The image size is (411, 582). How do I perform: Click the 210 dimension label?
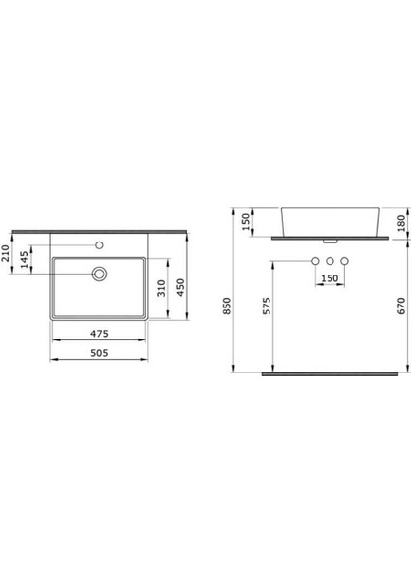tap(7, 255)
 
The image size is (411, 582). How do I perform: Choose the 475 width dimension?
tap(99, 334)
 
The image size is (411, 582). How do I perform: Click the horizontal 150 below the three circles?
tap(331, 279)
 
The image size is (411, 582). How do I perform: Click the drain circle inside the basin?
tap(99, 275)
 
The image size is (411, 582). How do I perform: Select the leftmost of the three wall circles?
tap(315, 262)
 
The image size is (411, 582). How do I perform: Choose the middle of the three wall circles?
tap(331, 262)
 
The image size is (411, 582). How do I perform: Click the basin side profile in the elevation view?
tap(330, 220)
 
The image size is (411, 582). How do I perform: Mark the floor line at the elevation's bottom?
tap(330, 372)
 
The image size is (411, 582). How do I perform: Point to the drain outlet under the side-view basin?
tap(331, 240)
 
